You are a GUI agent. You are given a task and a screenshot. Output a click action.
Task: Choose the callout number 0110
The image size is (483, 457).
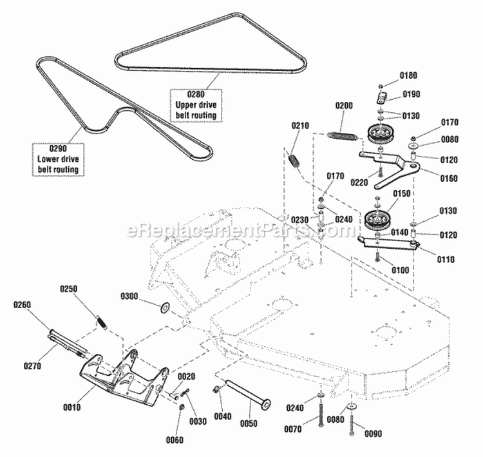point(428,259)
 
